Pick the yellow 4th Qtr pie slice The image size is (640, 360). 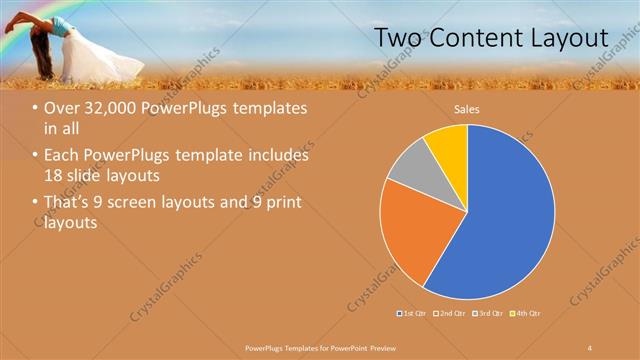(446, 147)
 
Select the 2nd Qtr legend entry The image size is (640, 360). (450, 314)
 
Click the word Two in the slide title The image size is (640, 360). (396, 38)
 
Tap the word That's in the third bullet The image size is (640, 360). (68, 203)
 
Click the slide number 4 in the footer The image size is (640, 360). (589, 347)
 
